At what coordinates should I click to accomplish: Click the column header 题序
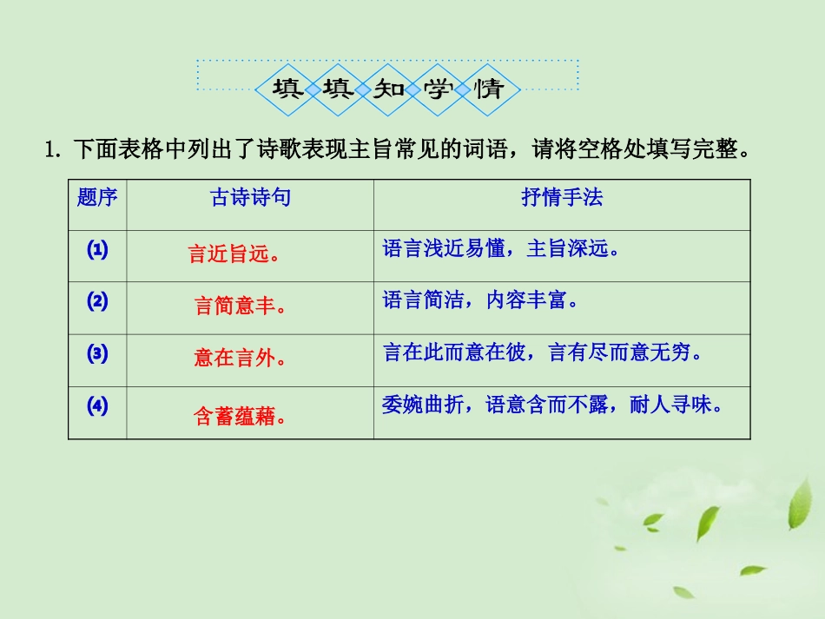tap(97, 198)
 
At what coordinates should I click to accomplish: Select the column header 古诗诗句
tap(251, 198)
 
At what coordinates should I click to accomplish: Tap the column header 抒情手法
tap(562, 198)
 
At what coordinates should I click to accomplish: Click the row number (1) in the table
tap(97, 250)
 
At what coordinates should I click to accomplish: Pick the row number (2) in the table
tap(97, 302)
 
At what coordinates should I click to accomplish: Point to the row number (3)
tap(97, 354)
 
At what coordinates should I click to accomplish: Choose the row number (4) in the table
tap(97, 406)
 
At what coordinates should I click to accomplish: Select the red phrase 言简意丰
tap(240, 306)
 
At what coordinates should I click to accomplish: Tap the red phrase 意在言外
tap(240, 359)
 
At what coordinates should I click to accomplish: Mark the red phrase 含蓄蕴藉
tap(240, 417)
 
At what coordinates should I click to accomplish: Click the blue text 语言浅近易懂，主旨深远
tap(503, 250)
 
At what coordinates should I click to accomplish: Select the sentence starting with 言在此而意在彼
tap(543, 354)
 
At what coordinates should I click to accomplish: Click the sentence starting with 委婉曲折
tap(552, 405)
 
